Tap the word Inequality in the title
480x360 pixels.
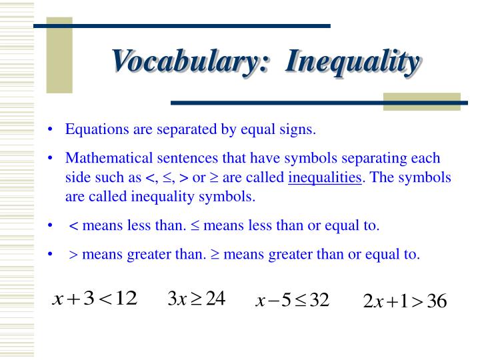click(x=353, y=62)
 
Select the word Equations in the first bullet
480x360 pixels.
click(x=97, y=129)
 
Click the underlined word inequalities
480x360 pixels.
click(x=325, y=177)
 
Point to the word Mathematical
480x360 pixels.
click(x=109, y=158)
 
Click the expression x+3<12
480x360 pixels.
click(x=95, y=298)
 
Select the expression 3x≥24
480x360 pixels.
click(x=197, y=298)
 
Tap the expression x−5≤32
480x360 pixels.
click(x=293, y=300)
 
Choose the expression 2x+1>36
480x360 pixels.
click(x=405, y=301)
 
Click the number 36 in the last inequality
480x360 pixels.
click(x=437, y=301)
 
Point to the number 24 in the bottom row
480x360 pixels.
click(x=215, y=298)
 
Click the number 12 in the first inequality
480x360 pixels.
click(x=126, y=298)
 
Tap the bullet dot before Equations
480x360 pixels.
click(x=50, y=129)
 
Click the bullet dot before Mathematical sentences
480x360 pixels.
click(x=50, y=158)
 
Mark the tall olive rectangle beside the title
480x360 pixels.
click(x=59, y=55)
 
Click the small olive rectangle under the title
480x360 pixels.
click(x=422, y=101)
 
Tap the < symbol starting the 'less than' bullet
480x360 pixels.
click(x=73, y=226)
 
